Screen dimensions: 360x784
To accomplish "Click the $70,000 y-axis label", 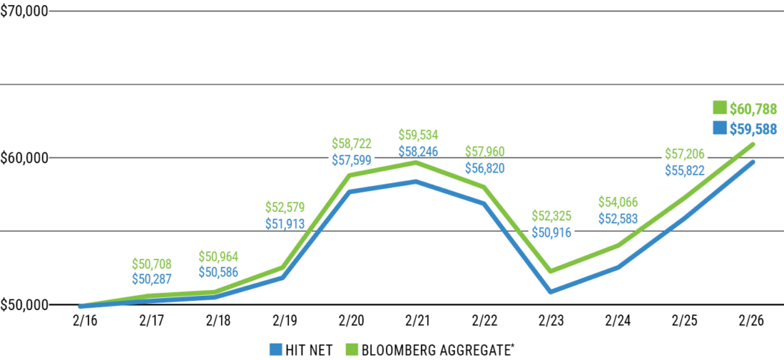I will click(x=24, y=12).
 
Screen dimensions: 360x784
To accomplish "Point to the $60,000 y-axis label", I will click(x=24, y=158).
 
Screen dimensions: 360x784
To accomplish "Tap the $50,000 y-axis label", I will click(x=24, y=305).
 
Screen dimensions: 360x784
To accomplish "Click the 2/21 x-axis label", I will click(x=417, y=320).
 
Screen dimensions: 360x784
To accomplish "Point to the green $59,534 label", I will click(x=417, y=135).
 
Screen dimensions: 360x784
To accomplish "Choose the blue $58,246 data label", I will click(x=417, y=151).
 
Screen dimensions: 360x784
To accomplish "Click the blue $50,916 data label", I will click(x=550, y=232).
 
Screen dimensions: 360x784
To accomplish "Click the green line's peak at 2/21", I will click(x=417, y=162).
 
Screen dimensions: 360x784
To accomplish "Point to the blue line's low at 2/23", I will click(x=550, y=291).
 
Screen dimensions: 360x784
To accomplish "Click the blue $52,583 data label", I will click(x=617, y=218).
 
